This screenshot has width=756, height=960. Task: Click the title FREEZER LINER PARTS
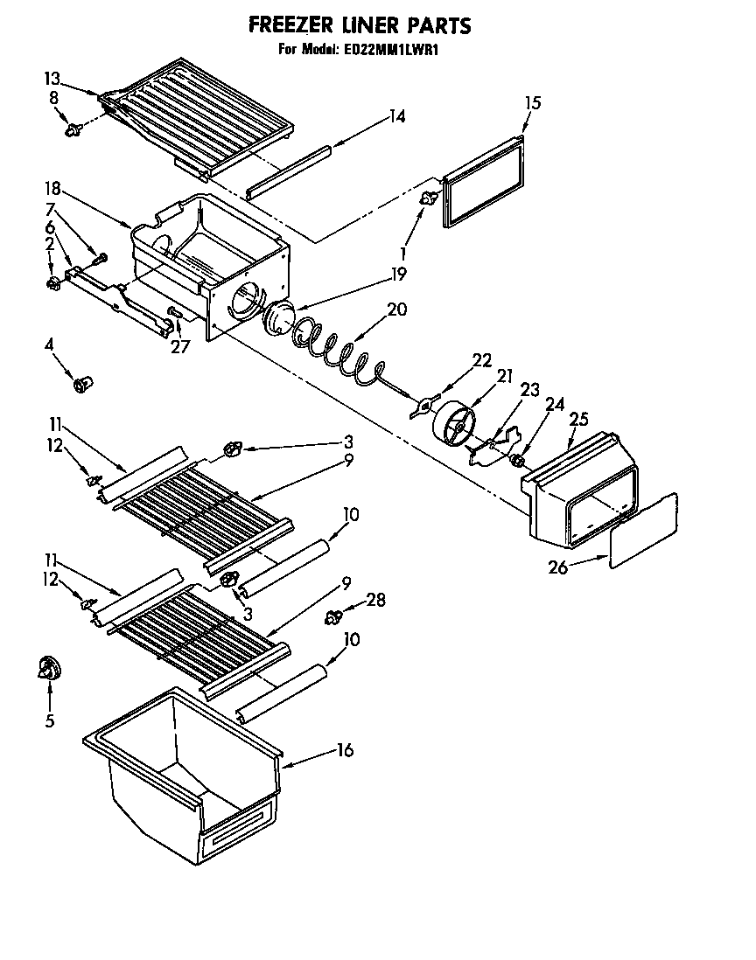[360, 25]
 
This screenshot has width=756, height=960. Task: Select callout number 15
[532, 103]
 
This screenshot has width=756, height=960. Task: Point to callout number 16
[346, 750]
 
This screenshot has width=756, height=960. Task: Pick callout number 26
[557, 567]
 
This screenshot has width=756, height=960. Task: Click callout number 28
[375, 601]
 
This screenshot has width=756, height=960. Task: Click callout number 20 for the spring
[396, 309]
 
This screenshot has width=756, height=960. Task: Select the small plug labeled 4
[84, 384]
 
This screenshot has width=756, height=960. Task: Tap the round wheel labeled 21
[454, 423]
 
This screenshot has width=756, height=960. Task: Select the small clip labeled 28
[333, 618]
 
